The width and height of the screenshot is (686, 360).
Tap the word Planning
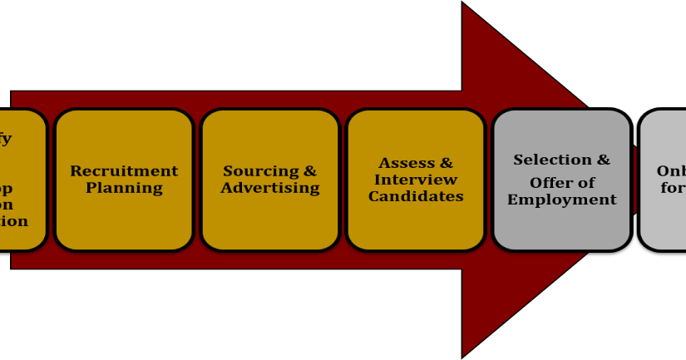tap(124, 188)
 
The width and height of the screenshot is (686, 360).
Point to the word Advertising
tap(270, 188)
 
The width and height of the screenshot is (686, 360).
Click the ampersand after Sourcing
tap(309, 171)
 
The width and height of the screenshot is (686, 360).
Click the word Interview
tap(416, 180)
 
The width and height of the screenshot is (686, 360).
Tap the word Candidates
tap(416, 197)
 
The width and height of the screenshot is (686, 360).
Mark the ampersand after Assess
tap(446, 163)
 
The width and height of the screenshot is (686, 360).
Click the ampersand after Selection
tap(603, 160)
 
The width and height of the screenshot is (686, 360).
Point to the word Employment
tap(562, 200)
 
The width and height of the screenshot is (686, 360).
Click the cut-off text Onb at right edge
tap(670, 171)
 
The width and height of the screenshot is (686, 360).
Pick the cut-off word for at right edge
tap(673, 189)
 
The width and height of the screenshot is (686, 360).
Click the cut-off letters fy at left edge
tap(5, 139)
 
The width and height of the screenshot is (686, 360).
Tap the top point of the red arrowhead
tap(464, 5)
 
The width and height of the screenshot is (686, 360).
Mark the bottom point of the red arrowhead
tap(464, 355)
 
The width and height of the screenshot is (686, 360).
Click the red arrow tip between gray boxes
tap(634, 180)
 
